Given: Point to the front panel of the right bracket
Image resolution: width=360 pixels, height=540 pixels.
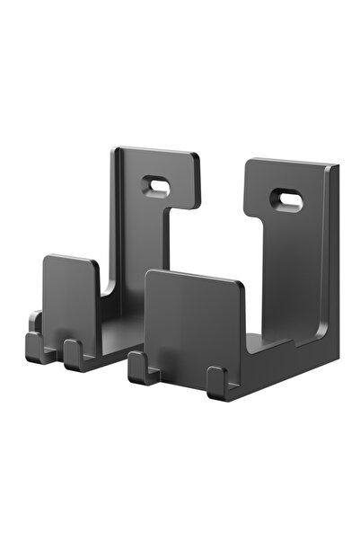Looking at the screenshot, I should pyautogui.click(x=193, y=318).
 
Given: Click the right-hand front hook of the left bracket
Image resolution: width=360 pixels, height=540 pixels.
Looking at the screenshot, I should pyautogui.click(x=74, y=354).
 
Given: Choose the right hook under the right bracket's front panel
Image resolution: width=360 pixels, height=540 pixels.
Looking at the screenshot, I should pyautogui.click(x=216, y=381).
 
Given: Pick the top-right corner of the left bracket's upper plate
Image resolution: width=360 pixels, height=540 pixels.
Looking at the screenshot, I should pyautogui.click(x=197, y=156).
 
